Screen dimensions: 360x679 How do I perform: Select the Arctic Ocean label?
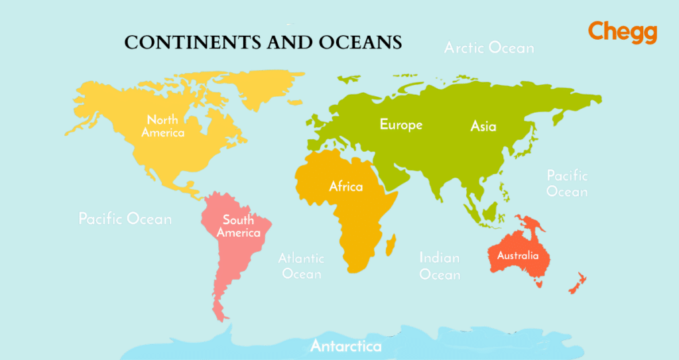(489, 48)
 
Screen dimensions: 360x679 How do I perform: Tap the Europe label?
(401, 125)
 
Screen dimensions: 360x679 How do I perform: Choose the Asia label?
(483, 126)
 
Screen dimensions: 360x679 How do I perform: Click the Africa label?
(346, 186)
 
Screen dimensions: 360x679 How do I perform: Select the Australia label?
(518, 255)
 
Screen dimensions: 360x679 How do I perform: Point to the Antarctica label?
(345, 346)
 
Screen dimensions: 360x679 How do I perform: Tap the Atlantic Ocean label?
(301, 266)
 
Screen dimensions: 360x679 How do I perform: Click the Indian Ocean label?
(440, 266)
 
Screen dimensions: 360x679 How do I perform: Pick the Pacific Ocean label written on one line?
(125, 219)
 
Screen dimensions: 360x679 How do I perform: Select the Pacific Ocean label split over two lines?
(567, 184)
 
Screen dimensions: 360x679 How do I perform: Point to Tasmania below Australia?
(539, 284)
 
